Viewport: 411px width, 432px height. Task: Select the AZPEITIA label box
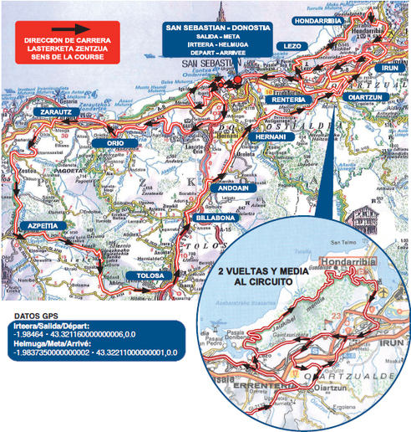pyautogui.click(x=43, y=226)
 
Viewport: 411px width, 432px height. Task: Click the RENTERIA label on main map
pyautogui.click(x=291, y=100)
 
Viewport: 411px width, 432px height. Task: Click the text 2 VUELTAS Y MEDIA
pyautogui.click(x=263, y=273)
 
